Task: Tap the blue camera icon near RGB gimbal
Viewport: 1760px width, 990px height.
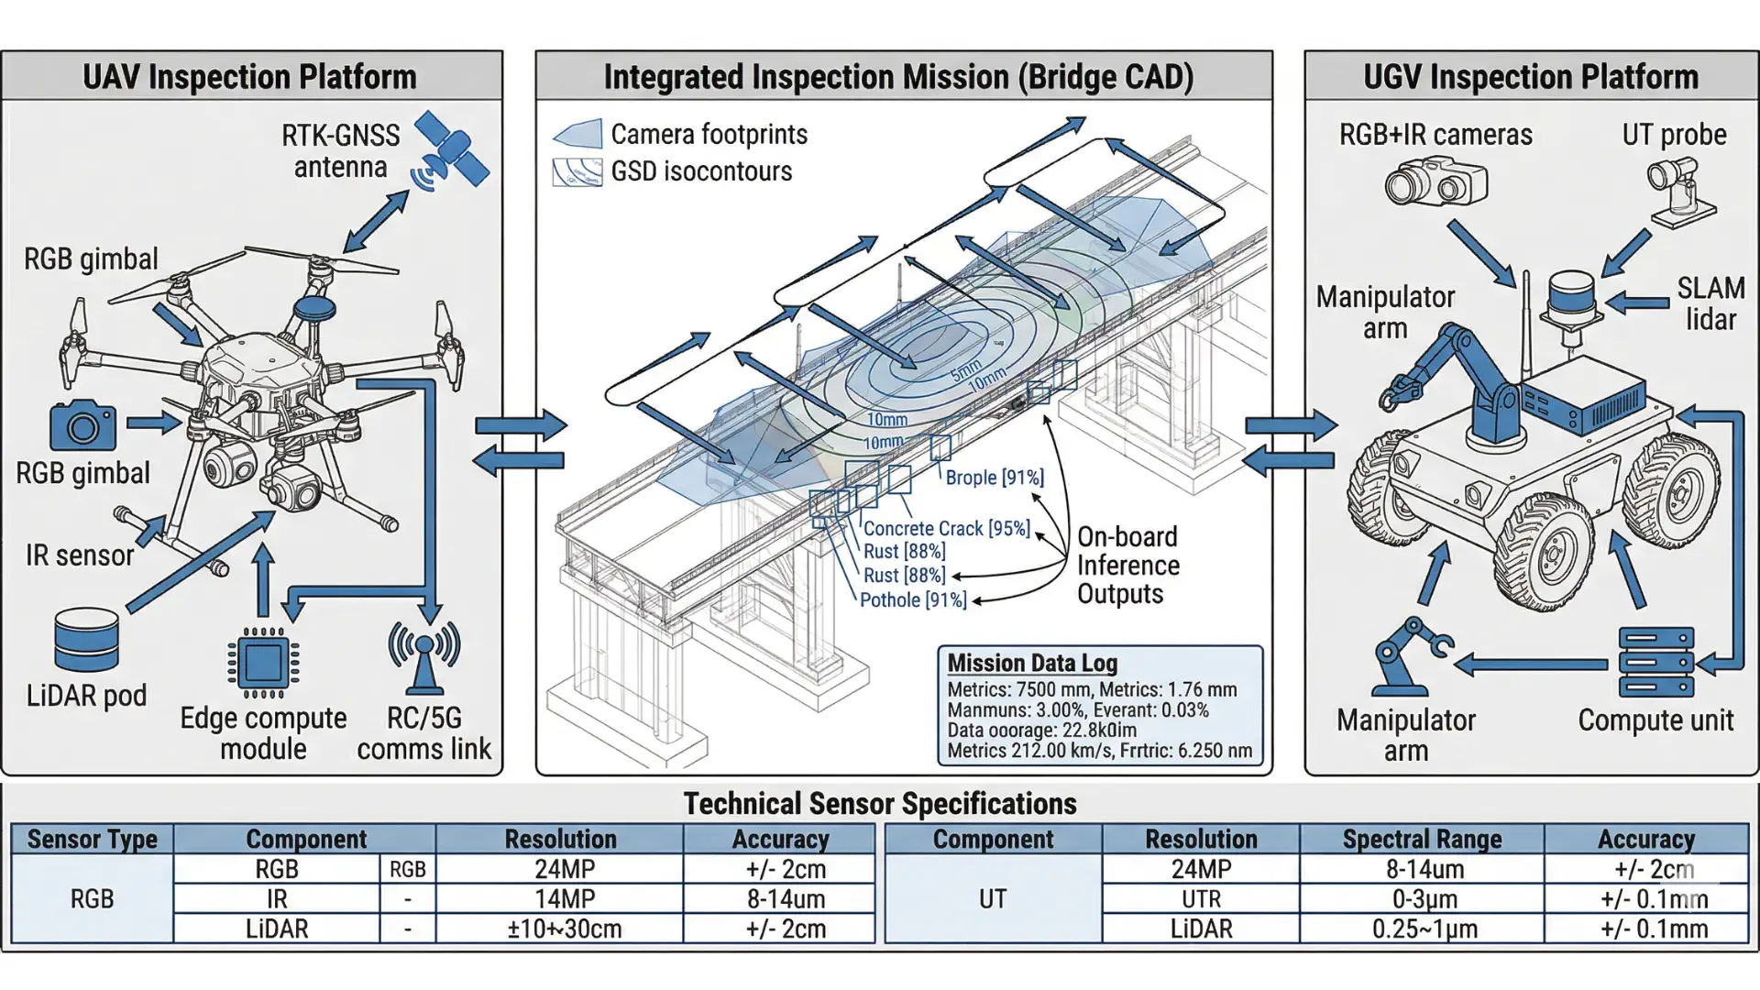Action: [x=82, y=426]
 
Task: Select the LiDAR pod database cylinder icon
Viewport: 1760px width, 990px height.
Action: [x=86, y=640]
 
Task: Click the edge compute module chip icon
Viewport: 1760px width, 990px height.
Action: [x=263, y=663]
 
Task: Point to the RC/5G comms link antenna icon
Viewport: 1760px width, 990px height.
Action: [x=423, y=656]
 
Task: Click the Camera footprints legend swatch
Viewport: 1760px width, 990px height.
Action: [x=577, y=134]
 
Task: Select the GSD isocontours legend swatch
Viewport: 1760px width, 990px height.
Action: [x=577, y=171]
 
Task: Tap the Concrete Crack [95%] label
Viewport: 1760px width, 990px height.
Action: [x=946, y=529]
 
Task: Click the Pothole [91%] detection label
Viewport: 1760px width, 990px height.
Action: [x=913, y=600]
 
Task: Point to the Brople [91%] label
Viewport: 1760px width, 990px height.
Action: [x=995, y=478]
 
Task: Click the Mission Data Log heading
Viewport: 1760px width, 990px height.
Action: [x=1032, y=663]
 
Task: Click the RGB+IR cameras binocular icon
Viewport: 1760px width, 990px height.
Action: [x=1435, y=181]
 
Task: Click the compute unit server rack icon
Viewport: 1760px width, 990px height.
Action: [x=1655, y=662]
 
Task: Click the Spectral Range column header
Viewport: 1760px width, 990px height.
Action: [x=1422, y=839]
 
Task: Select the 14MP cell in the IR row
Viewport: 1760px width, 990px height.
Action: [x=565, y=899]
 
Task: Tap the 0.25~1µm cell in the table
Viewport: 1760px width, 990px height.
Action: [x=1424, y=929]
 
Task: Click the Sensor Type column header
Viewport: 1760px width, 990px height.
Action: [x=92, y=839]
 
